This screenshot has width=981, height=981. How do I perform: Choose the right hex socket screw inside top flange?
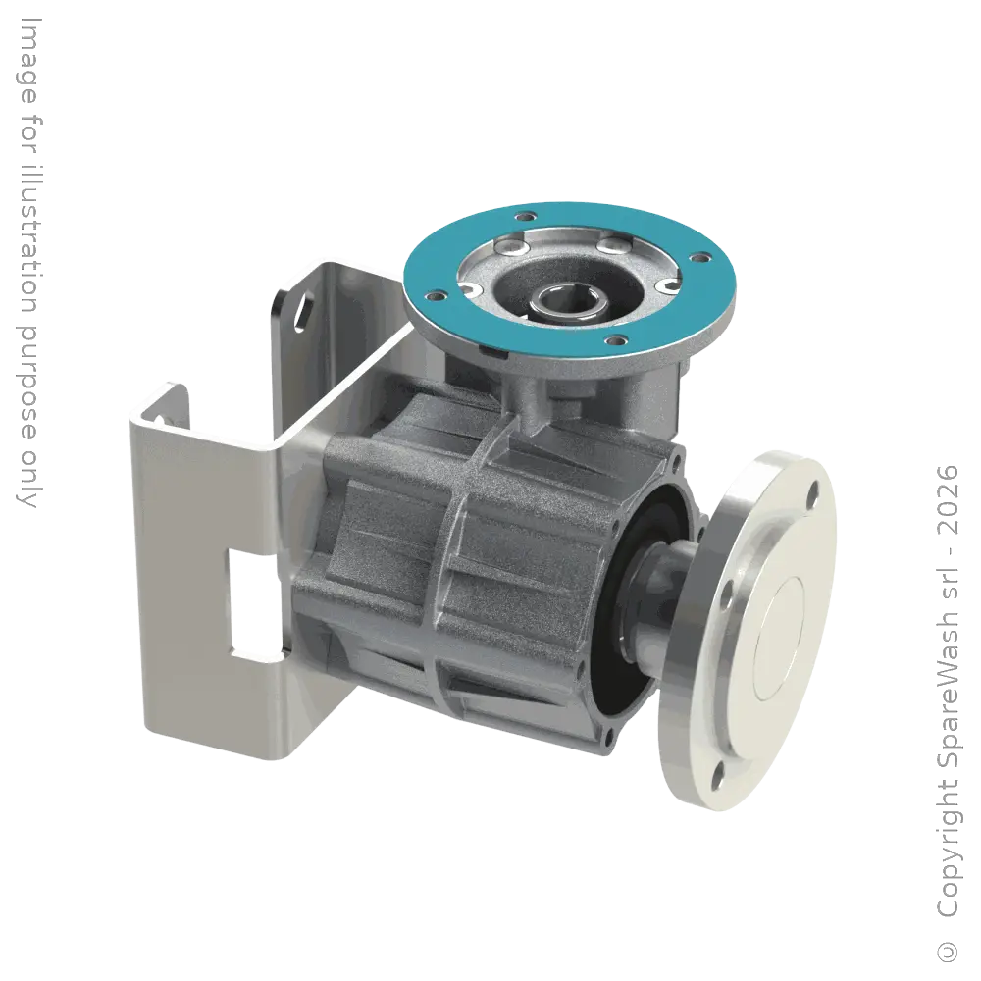[668, 284]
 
